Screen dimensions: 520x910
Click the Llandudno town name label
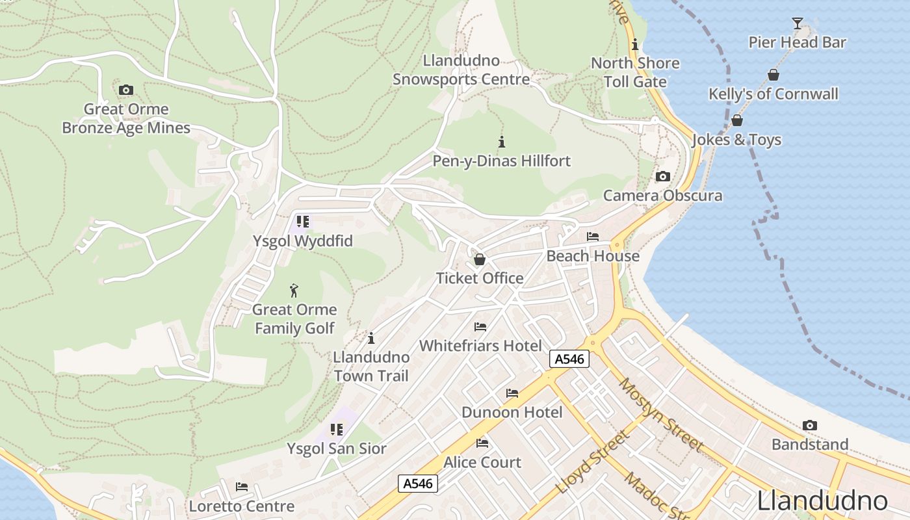[822, 501]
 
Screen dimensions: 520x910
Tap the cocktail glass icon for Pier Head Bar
[797, 23]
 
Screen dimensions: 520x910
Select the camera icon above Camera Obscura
[662, 176]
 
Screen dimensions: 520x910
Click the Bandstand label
[809, 445]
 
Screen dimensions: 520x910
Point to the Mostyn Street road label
[660, 415]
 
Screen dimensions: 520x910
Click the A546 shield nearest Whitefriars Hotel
[569, 359]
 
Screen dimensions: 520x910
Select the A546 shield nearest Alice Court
[418, 483]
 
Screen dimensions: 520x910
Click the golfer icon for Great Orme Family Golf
[294, 291]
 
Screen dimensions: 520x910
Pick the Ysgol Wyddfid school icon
[302, 222]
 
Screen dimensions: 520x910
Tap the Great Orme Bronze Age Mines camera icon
[126, 90]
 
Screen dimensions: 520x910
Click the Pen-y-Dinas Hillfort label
[501, 161]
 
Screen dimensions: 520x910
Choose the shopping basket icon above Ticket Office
[480, 259]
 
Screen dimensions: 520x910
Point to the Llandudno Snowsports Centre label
[461, 70]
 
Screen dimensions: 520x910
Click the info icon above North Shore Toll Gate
[635, 45]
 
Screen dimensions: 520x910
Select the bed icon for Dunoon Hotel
[512, 393]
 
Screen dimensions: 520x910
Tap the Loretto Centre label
[241, 506]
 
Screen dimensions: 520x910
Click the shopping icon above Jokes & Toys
[736, 120]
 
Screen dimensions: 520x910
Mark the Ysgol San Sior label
[336, 448]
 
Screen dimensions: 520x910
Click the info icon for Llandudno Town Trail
[371, 338]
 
